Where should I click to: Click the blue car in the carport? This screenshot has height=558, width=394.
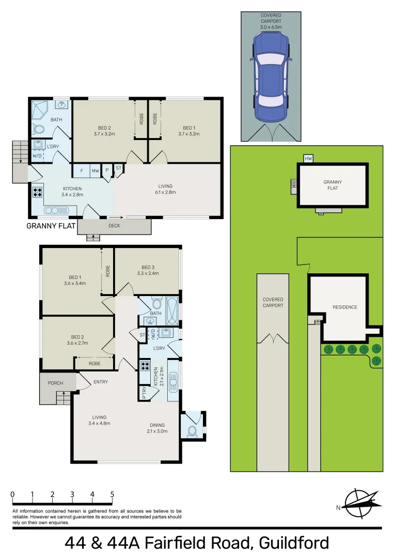271,78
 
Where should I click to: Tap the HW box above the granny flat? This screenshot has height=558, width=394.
308,159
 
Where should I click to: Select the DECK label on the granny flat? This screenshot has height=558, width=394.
114,226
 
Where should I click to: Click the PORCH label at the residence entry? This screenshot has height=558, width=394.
55,383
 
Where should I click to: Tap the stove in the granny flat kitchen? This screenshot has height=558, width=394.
38,192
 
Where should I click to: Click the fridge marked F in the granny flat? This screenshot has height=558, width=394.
81,171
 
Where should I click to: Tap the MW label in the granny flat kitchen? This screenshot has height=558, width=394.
96,171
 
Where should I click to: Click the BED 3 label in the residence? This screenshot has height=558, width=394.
148,267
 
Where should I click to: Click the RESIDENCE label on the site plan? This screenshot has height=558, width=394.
344,307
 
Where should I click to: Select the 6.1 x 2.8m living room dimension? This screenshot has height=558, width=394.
165,193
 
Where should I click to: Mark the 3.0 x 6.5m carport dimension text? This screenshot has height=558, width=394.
271,22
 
